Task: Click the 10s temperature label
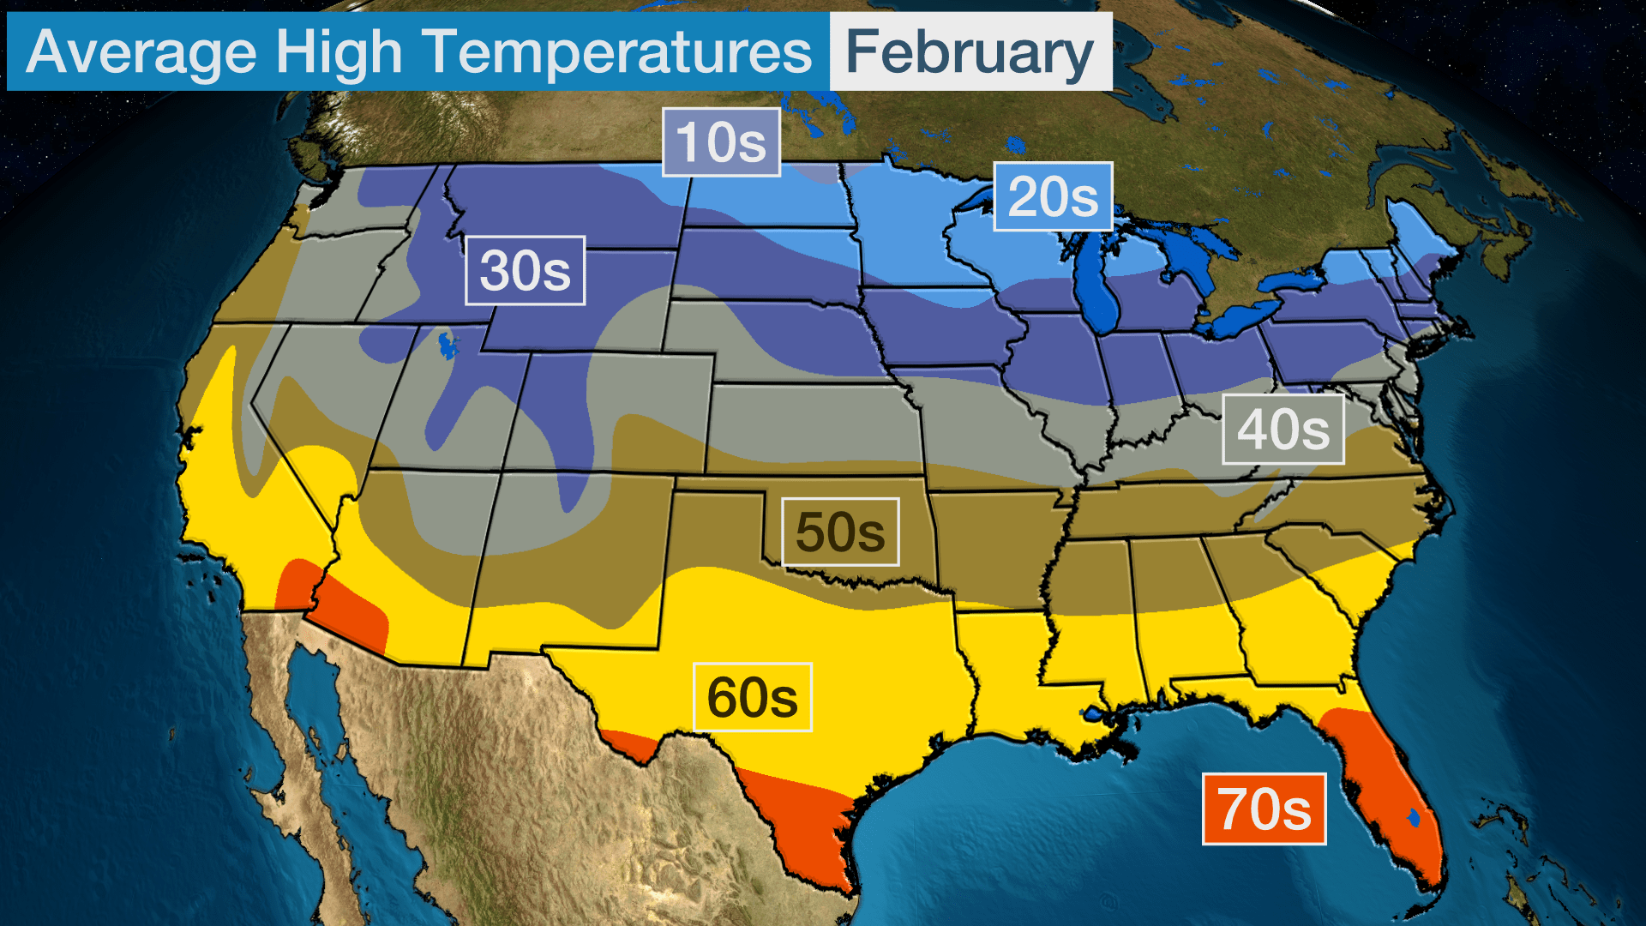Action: tap(721, 142)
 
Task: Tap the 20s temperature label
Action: tap(1053, 197)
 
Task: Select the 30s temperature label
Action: tap(525, 271)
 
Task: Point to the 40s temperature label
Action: tap(1283, 430)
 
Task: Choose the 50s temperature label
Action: tap(840, 532)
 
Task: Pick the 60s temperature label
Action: tap(752, 698)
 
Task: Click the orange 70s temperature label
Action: tap(1264, 809)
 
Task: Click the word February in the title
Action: tap(970, 52)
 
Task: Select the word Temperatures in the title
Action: tap(617, 52)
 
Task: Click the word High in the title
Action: tap(339, 52)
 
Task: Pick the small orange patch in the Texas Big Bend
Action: tap(630, 744)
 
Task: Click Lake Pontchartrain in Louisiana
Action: tap(1093, 713)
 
